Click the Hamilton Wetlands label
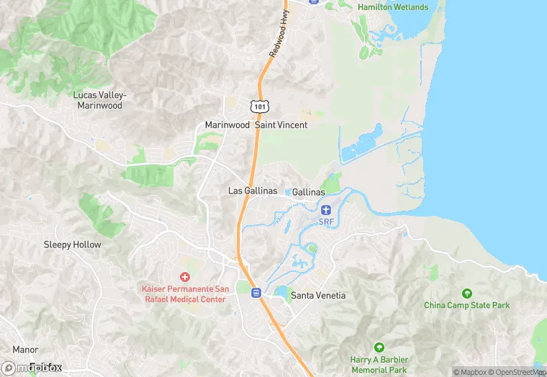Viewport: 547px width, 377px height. (393, 7)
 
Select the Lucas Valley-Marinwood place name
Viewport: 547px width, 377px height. (100, 100)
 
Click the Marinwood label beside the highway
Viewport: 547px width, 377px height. (227, 124)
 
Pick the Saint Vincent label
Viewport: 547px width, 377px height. (281, 124)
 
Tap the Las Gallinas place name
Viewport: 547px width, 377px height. (253, 191)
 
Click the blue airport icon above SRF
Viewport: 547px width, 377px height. (326, 209)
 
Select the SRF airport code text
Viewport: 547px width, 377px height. (326, 222)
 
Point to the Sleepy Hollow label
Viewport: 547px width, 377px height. (73, 245)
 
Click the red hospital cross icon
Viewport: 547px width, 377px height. (184, 277)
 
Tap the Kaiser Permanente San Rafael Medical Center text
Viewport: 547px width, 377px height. (184, 294)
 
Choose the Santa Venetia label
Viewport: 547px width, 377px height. (317, 296)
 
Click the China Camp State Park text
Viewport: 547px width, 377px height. (466, 305)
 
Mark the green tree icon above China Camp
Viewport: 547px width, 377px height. (466, 293)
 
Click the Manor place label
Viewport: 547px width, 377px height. (25, 350)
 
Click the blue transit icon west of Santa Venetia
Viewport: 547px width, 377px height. (255, 293)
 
